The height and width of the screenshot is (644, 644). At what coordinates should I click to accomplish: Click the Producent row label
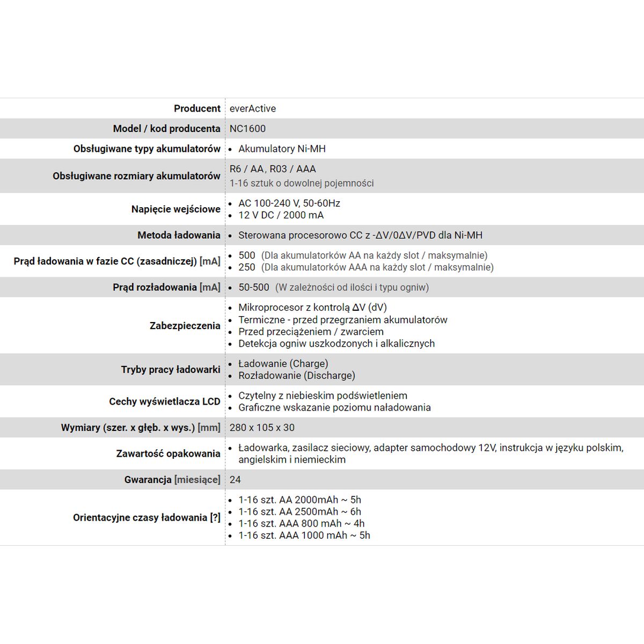tap(197, 108)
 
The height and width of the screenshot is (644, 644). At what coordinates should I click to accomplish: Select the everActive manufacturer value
tap(252, 108)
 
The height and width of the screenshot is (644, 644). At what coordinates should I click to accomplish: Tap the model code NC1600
tap(247, 129)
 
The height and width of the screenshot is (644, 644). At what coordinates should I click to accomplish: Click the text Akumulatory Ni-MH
tap(282, 149)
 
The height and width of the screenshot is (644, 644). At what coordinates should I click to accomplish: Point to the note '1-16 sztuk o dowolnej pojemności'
tap(302, 183)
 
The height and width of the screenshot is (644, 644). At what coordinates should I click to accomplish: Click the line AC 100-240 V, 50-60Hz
tap(289, 203)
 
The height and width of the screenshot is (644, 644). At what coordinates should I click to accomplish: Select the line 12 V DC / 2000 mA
tap(281, 215)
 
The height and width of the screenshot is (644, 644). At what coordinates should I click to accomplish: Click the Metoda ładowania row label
tap(179, 235)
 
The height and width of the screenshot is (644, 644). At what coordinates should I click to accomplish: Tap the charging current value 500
tap(247, 255)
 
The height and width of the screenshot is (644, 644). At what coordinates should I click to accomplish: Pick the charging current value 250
tap(247, 267)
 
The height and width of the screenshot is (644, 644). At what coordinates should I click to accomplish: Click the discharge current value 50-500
tap(254, 287)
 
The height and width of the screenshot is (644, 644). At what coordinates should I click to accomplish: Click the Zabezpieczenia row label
tap(185, 326)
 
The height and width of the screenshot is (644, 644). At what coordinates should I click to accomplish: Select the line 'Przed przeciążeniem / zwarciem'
tap(311, 332)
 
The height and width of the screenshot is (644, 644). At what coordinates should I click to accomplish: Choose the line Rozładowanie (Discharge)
tap(297, 376)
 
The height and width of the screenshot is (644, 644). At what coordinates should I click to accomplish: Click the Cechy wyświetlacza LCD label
tap(164, 401)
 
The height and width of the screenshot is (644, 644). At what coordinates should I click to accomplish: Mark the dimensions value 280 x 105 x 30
tap(262, 428)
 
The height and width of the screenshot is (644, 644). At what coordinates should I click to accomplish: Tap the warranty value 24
tap(235, 480)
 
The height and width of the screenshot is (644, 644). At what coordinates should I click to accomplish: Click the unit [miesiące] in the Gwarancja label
tap(197, 480)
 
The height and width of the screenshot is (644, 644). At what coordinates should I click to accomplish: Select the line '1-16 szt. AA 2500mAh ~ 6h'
tap(299, 511)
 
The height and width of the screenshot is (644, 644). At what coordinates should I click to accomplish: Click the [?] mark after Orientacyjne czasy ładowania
tap(215, 518)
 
